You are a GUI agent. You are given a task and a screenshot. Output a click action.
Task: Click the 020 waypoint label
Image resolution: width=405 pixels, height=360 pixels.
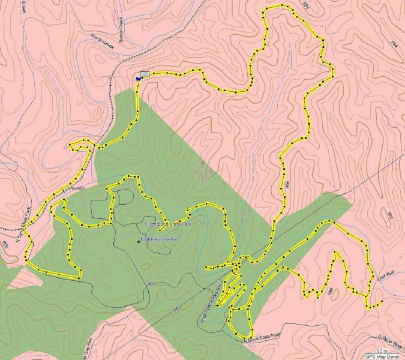[145, 74]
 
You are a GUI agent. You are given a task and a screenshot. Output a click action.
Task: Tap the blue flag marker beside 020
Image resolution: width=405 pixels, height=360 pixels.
[139, 77]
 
